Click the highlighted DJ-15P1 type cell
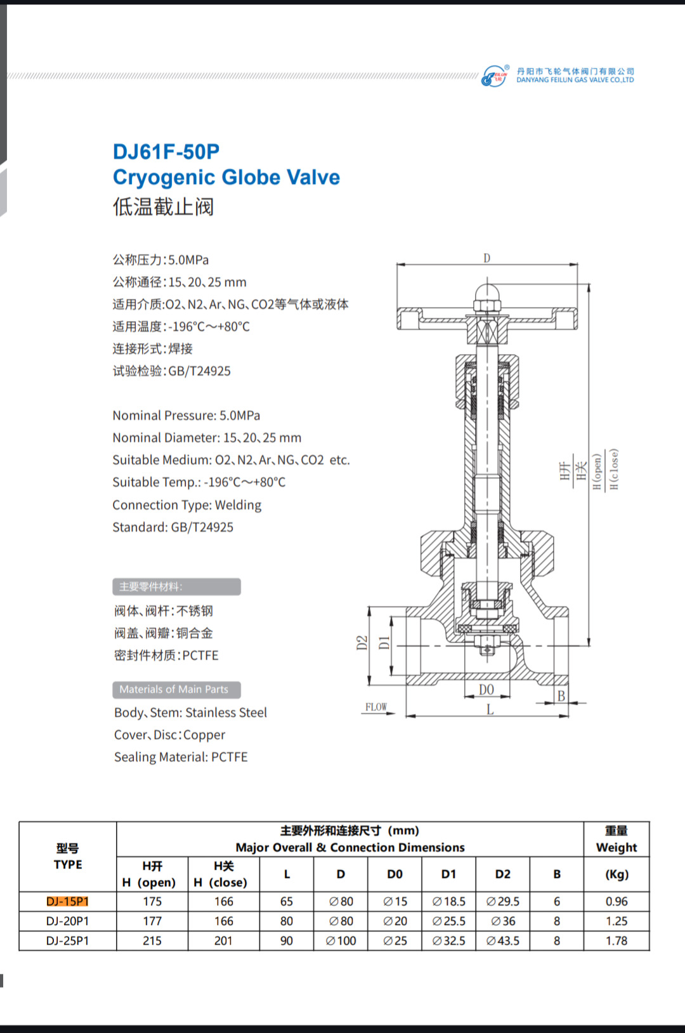tap(67, 901)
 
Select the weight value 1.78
tap(616, 940)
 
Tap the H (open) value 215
tap(152, 940)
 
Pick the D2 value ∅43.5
tap(503, 940)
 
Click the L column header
tap(287, 874)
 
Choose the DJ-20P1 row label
tap(67, 921)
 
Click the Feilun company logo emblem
tap(495, 76)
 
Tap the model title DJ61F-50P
tap(166, 152)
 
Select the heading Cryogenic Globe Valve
tap(226, 177)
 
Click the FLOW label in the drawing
tap(376, 707)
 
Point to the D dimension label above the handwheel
tap(486, 258)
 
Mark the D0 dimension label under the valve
tap(486, 690)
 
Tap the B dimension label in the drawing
tap(561, 696)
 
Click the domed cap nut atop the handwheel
tap(487, 296)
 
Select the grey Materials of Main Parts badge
tap(176, 689)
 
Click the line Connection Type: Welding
tap(187, 505)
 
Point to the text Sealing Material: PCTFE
tap(181, 757)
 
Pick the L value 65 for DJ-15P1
tap(287, 901)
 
